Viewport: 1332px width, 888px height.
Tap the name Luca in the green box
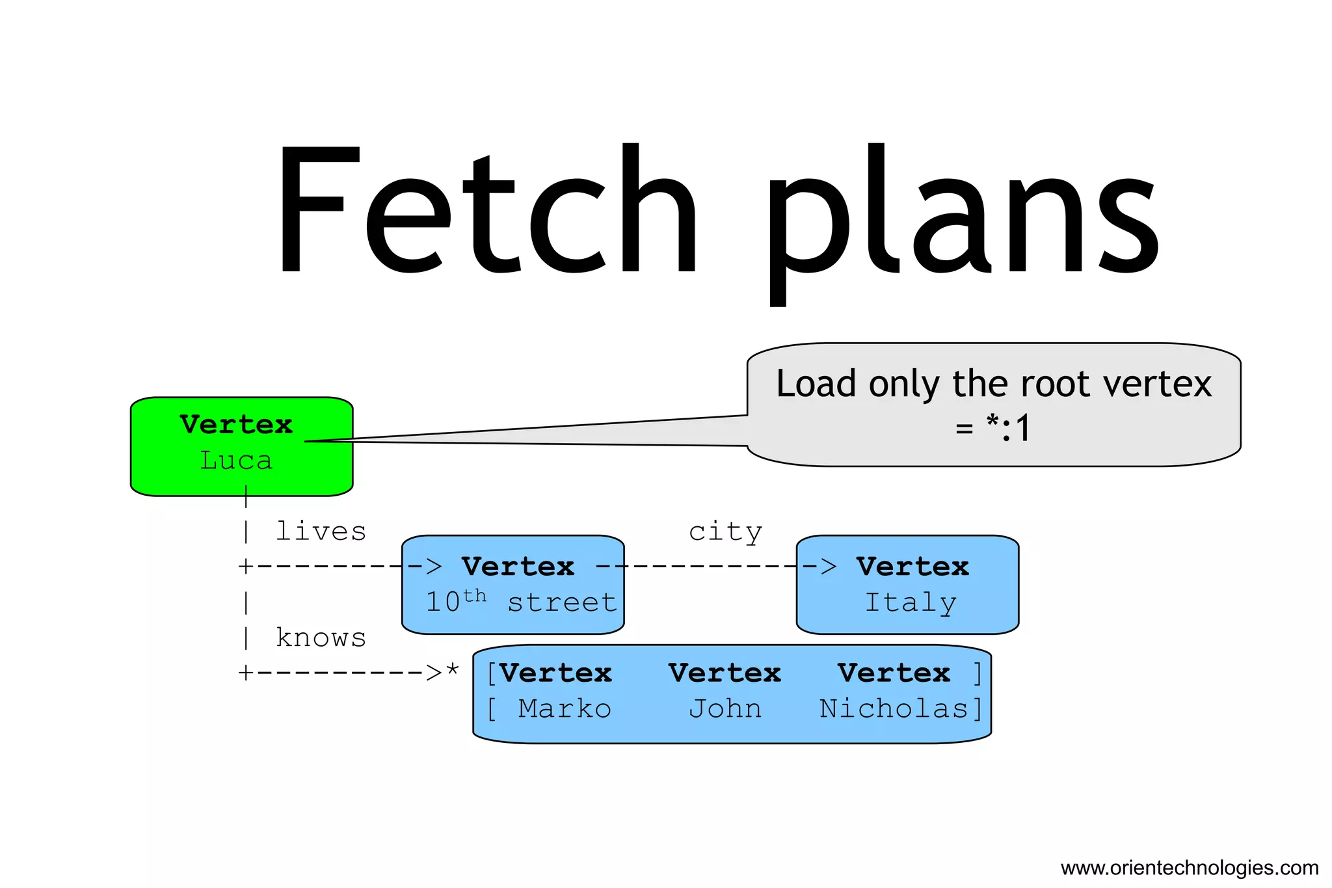coord(236,461)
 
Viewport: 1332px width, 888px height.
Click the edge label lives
coord(321,531)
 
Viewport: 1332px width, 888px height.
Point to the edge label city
coord(725,531)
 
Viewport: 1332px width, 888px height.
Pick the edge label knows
coord(321,638)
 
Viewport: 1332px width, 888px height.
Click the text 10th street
coord(520,602)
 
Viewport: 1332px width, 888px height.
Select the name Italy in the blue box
coord(910,602)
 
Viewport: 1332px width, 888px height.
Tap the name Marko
coord(565,708)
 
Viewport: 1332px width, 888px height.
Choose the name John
coord(725,708)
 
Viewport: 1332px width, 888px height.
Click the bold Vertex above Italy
coord(912,567)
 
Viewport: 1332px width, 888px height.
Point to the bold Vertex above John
coord(725,673)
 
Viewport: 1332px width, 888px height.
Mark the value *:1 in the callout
coord(1008,428)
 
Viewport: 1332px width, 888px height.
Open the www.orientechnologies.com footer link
coord(1189,868)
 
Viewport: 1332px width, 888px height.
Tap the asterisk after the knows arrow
coord(453,670)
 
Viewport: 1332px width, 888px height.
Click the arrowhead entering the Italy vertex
coord(828,567)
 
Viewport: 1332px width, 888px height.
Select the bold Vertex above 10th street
coord(518,567)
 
